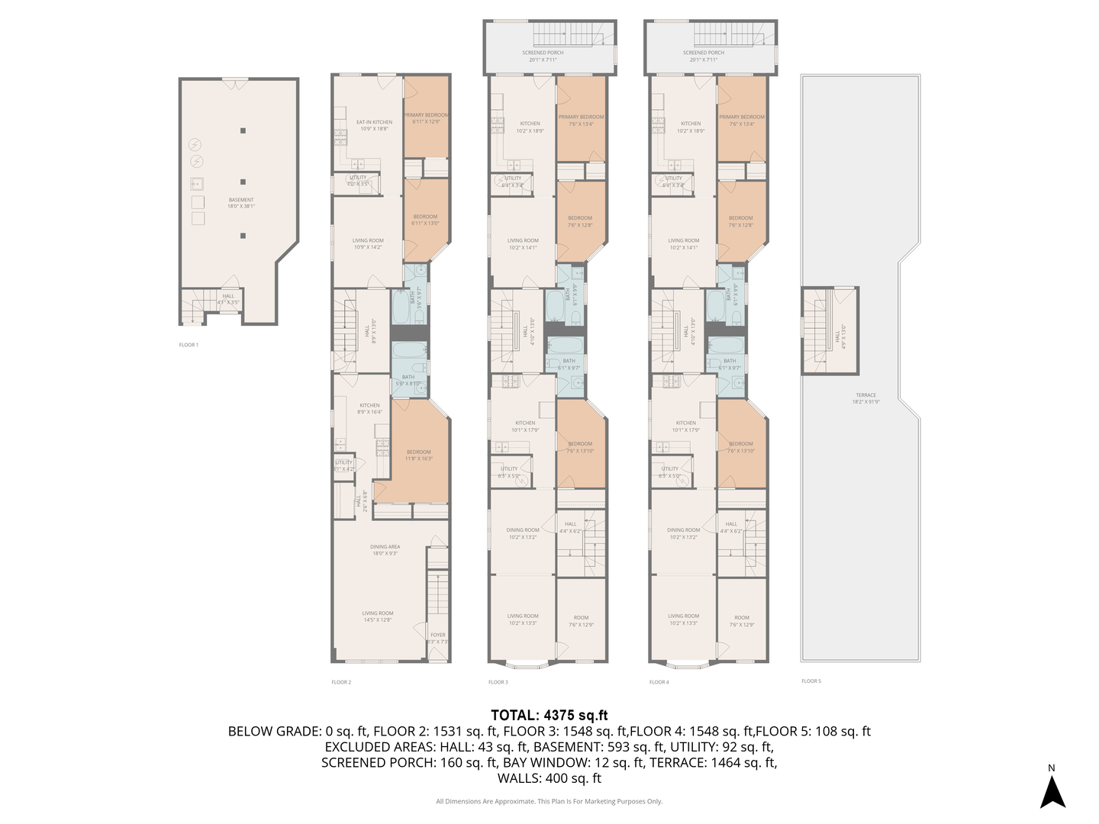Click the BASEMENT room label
pos(241,200)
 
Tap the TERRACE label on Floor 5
pos(865,395)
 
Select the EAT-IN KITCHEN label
pos(374,122)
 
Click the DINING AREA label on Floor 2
pos(385,547)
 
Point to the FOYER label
pos(437,635)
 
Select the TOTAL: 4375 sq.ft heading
pos(549,715)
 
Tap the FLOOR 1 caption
pos(189,345)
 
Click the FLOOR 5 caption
pos(811,681)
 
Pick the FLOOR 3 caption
pos(498,682)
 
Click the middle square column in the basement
pos(243,182)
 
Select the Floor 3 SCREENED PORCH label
pos(543,53)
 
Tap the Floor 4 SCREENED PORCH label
pos(704,53)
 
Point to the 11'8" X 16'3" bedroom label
pos(418,455)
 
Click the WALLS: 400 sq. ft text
pos(549,778)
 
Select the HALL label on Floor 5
pos(837,336)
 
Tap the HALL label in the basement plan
pos(228,296)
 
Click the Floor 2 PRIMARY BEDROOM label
pos(427,115)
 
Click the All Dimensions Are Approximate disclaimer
pos(549,801)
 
